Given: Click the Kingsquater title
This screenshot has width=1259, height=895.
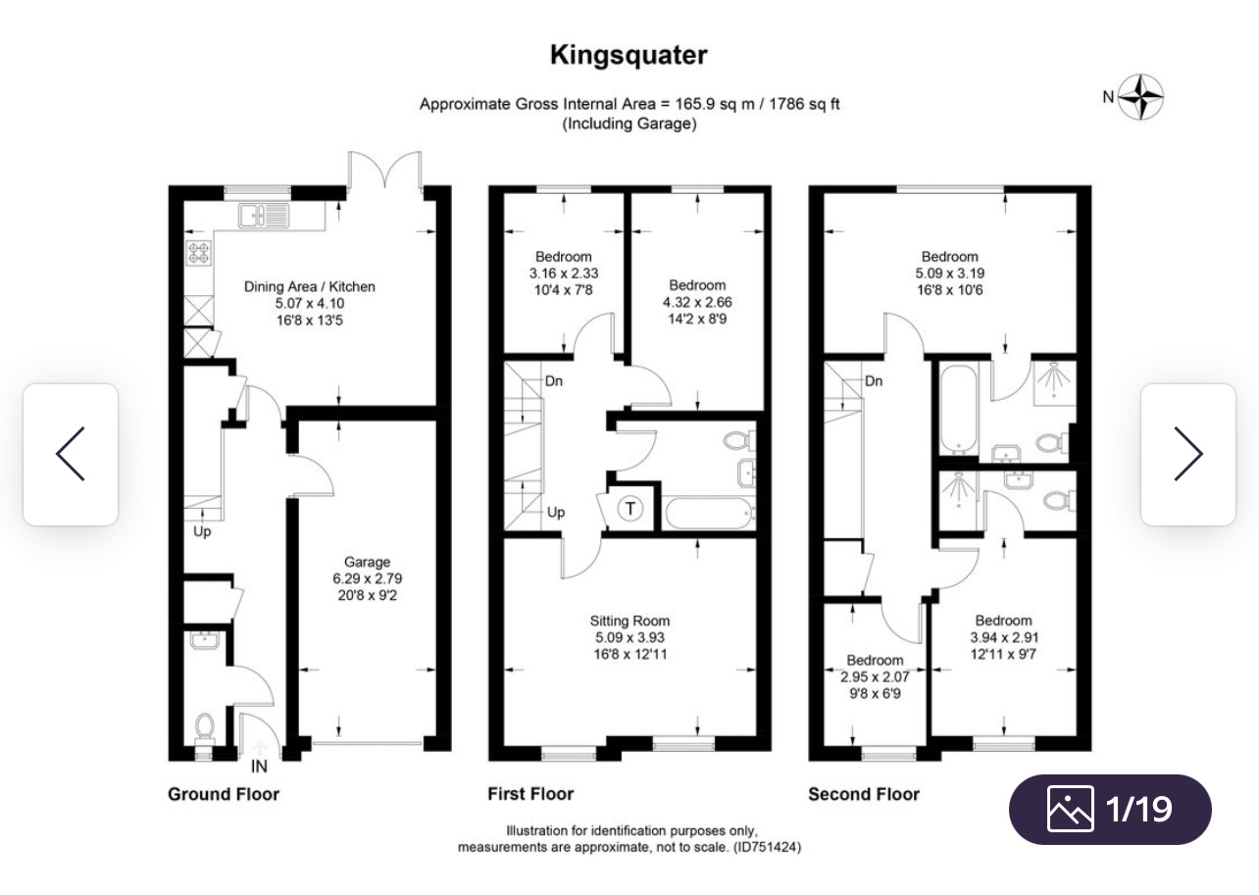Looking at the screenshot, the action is coord(629,56).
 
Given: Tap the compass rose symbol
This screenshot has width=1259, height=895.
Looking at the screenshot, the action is coord(1140,97).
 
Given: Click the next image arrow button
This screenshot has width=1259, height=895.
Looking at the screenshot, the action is coord(1188,454).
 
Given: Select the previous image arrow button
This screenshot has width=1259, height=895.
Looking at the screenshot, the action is coord(71,454).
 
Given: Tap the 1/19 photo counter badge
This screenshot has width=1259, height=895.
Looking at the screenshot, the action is coord(1110,809).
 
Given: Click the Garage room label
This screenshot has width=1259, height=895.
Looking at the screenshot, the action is coord(367,562).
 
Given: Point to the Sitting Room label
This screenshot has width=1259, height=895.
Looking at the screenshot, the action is coord(629,621).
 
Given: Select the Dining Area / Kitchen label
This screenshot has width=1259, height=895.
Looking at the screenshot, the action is coord(309,286).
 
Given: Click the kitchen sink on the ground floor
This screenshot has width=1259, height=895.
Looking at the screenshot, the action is coord(264,216).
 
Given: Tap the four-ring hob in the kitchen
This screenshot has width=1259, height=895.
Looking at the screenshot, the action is coord(199,253).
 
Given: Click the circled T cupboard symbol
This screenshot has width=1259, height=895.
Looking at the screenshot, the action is coord(630,509).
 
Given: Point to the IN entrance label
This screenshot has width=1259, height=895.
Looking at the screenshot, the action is coord(259,767).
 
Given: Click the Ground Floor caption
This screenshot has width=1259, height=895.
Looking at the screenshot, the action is coord(224,794).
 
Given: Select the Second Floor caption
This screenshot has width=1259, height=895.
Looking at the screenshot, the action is coord(863,794).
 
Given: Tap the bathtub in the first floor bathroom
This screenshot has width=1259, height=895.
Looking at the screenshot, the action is coord(710,513).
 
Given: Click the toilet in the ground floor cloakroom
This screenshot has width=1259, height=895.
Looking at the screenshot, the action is coord(204,727).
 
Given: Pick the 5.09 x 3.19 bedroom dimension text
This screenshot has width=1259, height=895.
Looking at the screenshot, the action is coord(949,273).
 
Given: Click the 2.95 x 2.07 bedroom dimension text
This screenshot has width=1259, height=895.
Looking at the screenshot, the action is coord(875,677).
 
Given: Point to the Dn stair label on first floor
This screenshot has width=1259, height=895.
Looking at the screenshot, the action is coord(554,381).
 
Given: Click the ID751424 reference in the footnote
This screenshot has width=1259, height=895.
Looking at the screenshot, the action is coord(767,847).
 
